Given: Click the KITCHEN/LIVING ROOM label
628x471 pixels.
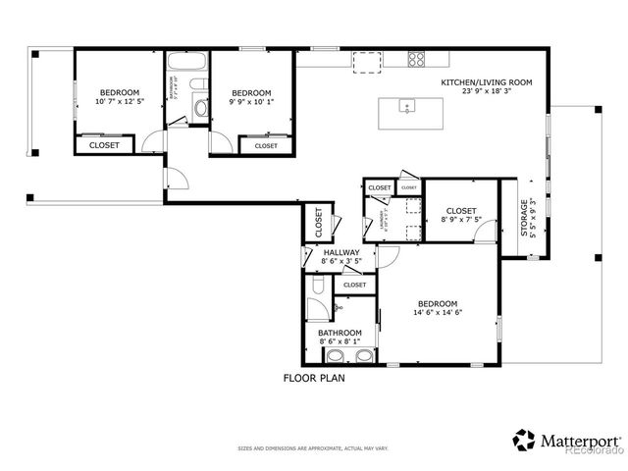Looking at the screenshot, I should click(487, 82).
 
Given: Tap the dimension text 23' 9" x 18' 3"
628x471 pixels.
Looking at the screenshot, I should click(487, 92).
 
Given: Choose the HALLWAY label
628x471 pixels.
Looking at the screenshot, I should click(341, 253).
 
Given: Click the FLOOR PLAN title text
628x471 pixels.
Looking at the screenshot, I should click(314, 378).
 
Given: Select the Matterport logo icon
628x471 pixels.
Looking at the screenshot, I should click(524, 439).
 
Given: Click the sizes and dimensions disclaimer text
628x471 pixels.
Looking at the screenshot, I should click(314, 448).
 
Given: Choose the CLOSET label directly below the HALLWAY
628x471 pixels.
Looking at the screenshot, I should click(354, 285).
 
